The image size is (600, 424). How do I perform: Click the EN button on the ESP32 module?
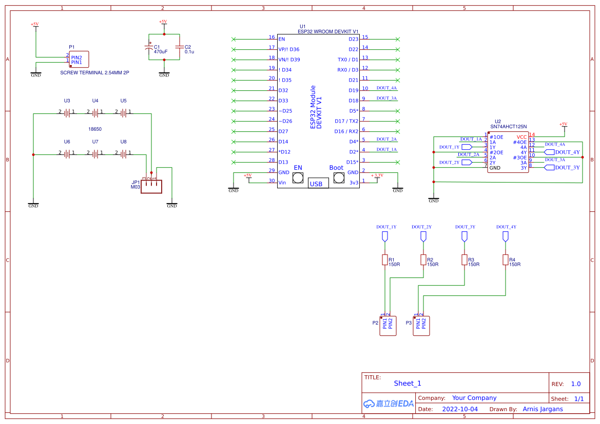point(298,178)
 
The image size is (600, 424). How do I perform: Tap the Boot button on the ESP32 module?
point(338,178)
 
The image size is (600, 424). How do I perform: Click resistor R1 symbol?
point(384,260)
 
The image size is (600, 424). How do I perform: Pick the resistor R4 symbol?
point(505,260)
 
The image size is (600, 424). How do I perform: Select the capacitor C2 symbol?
point(179,47)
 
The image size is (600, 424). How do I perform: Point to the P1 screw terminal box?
point(79,59)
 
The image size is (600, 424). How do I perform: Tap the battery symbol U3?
point(67,112)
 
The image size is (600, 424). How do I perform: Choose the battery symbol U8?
point(123,153)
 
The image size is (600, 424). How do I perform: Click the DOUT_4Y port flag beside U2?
point(562,152)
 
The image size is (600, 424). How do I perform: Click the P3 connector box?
point(421,326)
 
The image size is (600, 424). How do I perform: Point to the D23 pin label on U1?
point(354,39)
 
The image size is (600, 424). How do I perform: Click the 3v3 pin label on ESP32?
point(354,183)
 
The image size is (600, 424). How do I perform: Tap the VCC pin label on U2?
point(521,137)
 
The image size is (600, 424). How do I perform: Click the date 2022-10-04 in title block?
point(460,409)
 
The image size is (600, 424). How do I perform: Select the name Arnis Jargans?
point(543,409)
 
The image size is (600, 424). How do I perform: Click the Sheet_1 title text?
point(408,383)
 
